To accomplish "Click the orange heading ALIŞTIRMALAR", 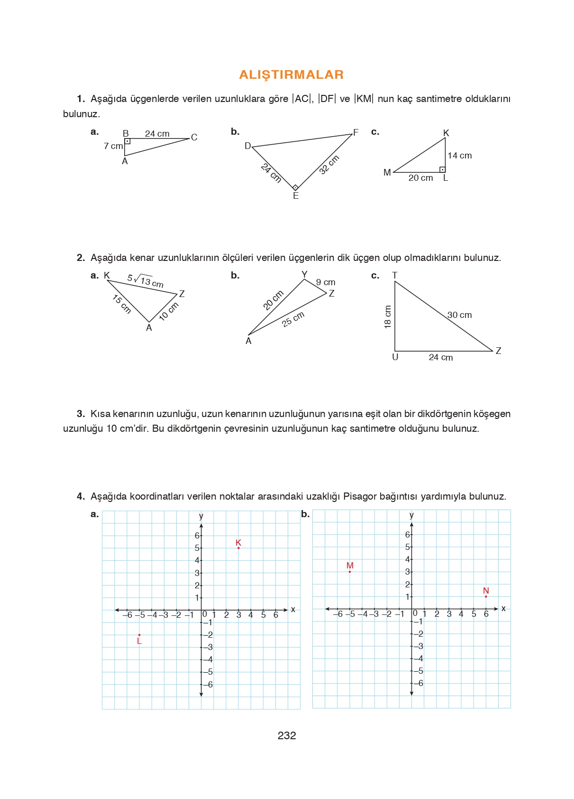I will [291, 74].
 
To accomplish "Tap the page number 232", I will [287, 735].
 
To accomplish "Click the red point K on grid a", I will [238, 548].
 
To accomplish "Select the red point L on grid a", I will [139, 635].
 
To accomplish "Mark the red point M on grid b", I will [350, 572].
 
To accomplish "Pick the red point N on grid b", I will [486, 596].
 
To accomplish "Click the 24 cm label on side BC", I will [157, 134].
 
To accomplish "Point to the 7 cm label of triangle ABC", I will [113, 146].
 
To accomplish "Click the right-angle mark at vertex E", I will [295, 187].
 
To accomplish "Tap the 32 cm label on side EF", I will [329, 165].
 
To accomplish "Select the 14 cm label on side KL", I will [459, 156].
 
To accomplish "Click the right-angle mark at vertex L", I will [442, 169].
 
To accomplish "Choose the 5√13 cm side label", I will [145, 281].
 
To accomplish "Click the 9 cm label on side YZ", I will [326, 282].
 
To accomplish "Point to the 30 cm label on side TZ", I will [459, 315].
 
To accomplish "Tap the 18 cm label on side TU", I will [388, 316].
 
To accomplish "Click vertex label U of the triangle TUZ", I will [395, 357].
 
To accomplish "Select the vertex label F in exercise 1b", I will [355, 132].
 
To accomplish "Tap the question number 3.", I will [81, 414].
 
